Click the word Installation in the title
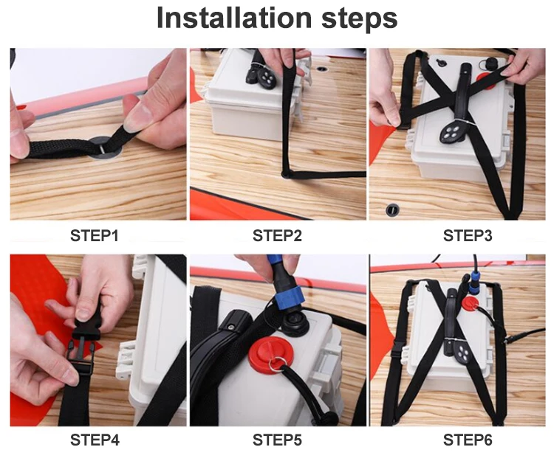(234, 18)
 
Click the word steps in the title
(359, 19)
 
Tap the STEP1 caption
(95, 235)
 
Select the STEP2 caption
(277, 235)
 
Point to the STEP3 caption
(468, 235)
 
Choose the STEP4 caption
(95, 440)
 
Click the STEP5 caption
(277, 440)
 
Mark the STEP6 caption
(468, 440)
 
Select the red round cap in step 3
(486, 80)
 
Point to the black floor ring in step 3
(392, 210)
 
